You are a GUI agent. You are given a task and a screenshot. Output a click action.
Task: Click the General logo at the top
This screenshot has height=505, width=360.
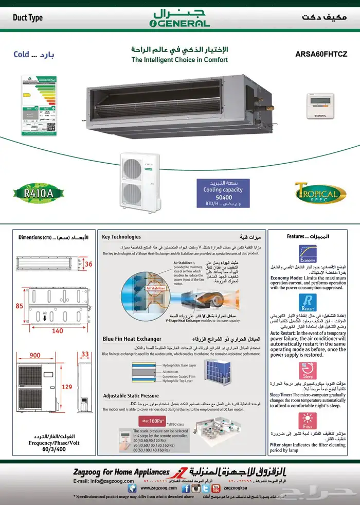(x=179, y=18)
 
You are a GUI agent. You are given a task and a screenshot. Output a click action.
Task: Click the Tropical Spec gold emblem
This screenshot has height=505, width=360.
(x=317, y=193)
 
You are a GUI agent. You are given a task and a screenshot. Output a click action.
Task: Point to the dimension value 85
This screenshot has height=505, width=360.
(x=20, y=306)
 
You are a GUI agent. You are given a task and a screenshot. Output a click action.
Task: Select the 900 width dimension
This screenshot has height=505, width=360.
(x=34, y=355)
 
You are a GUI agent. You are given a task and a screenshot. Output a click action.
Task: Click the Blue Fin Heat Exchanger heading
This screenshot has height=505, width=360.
(x=132, y=339)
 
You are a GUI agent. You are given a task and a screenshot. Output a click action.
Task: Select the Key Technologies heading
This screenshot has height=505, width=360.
(x=121, y=237)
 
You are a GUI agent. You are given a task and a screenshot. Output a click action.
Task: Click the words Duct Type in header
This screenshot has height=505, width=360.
(x=28, y=18)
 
